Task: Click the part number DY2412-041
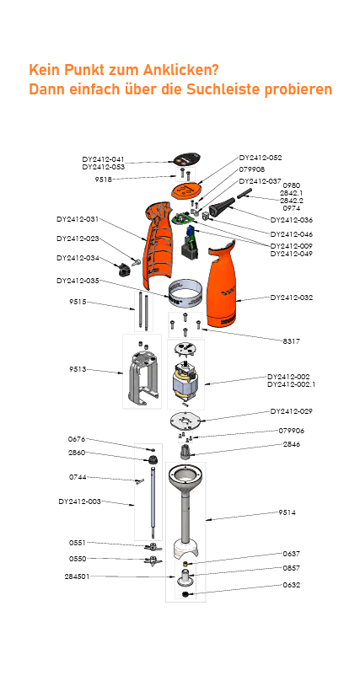(104, 159)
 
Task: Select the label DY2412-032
(291, 298)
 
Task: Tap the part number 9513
(78, 369)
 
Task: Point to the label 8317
(292, 340)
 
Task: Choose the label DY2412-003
(79, 501)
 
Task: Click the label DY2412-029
(291, 411)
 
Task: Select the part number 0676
(77, 439)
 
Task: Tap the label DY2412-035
(78, 280)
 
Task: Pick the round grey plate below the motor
(188, 421)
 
